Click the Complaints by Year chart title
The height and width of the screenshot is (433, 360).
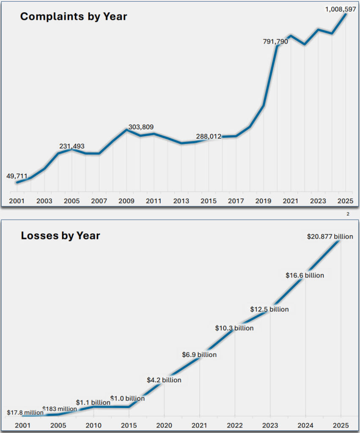point(74,17)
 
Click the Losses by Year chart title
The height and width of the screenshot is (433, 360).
point(60,236)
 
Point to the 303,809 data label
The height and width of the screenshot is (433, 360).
point(141,127)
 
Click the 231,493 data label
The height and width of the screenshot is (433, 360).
point(71,146)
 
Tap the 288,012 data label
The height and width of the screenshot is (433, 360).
point(209,137)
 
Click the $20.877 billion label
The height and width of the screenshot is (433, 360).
point(330,237)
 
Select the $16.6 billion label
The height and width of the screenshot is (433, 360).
point(305,275)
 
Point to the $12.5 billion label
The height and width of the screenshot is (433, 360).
point(269,309)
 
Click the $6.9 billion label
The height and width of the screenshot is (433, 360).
point(199,354)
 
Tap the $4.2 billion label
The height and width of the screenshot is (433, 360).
point(164,380)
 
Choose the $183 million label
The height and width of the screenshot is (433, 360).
point(60,409)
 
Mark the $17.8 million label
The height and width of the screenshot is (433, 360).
point(25,413)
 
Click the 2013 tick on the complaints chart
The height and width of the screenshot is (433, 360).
point(181,201)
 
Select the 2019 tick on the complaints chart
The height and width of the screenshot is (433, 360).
point(263,201)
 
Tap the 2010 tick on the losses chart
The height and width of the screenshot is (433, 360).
point(93,425)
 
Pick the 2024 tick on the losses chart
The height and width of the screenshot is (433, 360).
point(305,425)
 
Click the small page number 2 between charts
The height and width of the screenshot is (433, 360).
point(348,214)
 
